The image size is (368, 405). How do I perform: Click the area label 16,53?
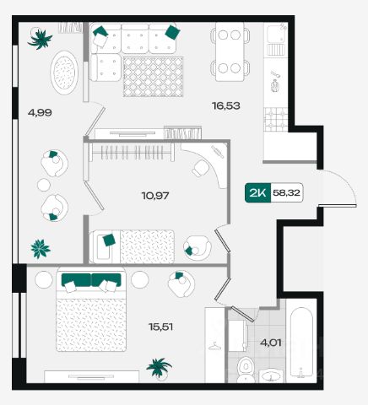226,106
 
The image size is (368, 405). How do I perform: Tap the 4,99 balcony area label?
40,113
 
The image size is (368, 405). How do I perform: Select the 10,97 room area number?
155,195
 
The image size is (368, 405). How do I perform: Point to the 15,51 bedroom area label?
160,327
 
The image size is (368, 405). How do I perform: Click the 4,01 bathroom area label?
271,343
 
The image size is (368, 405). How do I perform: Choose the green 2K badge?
257,192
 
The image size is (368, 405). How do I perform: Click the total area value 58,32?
286,192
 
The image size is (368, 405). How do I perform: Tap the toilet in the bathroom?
246,370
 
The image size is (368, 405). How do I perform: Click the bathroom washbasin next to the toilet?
271,375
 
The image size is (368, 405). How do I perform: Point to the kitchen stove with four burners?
276,120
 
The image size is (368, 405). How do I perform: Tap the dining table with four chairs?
230,51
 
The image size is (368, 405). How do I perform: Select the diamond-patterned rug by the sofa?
153,77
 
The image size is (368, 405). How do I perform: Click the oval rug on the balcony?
64,73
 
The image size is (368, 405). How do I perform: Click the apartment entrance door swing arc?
347,181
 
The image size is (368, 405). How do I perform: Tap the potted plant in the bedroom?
159,367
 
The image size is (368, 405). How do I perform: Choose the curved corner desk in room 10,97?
208,163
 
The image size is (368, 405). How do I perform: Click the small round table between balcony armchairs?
44,185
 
